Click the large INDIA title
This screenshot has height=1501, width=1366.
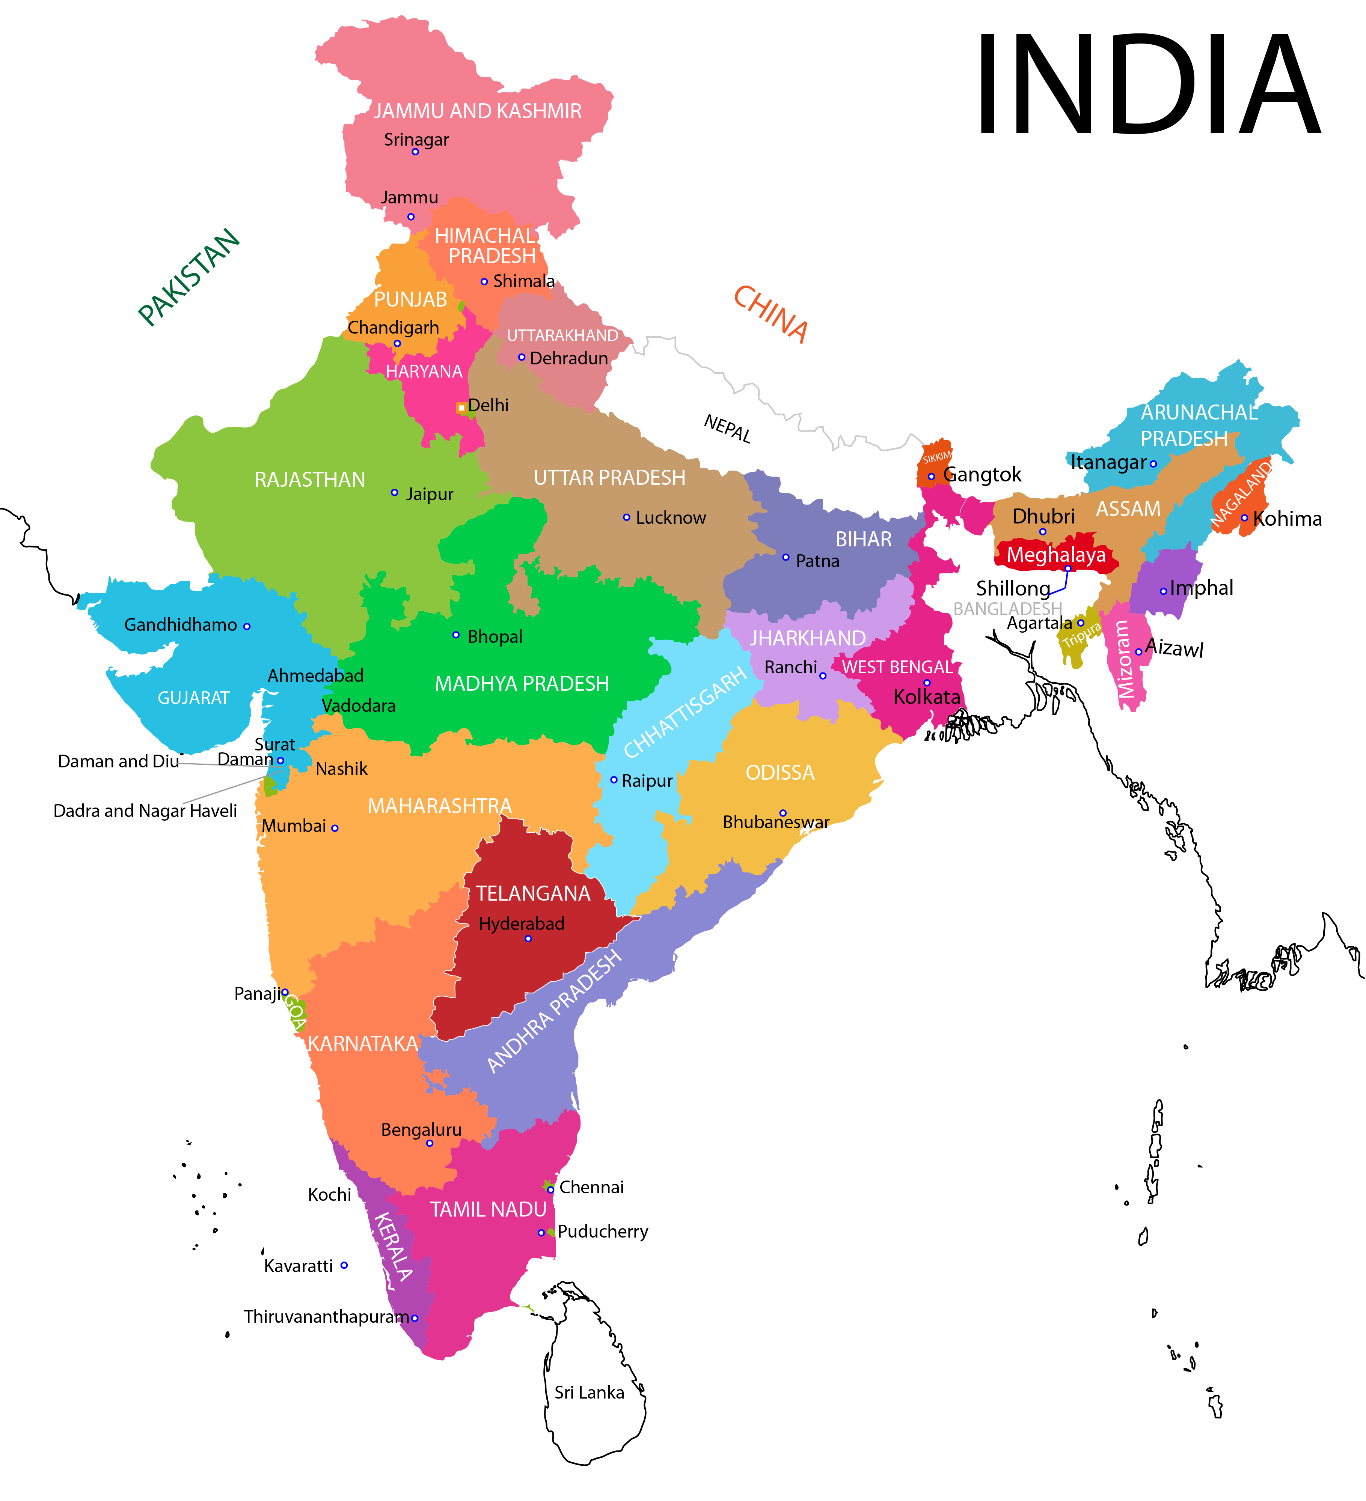coord(1147,86)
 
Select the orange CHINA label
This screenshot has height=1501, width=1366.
coord(771,314)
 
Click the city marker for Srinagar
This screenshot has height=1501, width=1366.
coord(415,152)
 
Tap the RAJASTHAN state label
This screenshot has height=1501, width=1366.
coord(310,480)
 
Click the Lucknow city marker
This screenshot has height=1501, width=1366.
coord(626,517)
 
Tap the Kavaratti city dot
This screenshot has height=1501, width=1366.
coord(344,1265)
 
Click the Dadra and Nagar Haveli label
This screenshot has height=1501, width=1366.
coord(145,811)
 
